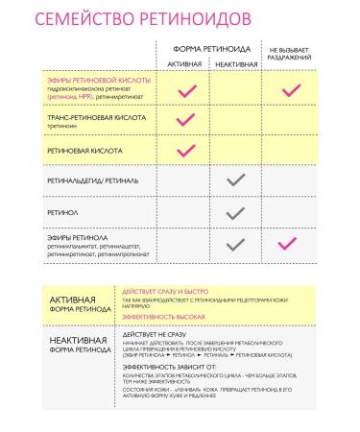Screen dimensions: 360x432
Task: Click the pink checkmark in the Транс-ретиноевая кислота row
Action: click(x=186, y=120)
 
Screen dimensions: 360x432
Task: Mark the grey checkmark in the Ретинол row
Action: click(x=236, y=211)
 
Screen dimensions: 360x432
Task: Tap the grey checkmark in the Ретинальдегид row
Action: click(x=236, y=180)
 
